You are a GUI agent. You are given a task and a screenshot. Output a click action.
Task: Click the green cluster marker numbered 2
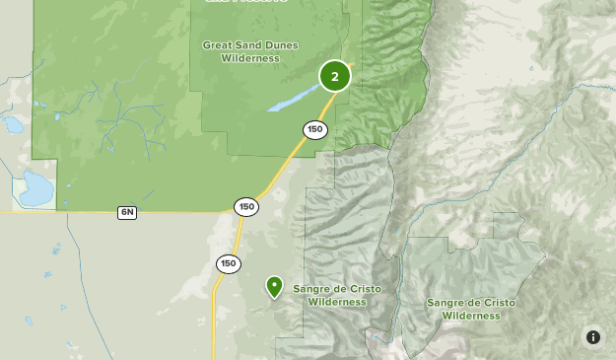pyautogui.click(x=335, y=76)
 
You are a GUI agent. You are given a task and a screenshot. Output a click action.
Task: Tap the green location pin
pyautogui.click(x=275, y=286)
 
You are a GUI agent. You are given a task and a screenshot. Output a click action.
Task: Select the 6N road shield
pyautogui.click(x=127, y=213)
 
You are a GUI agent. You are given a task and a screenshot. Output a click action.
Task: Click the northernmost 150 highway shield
pyautogui.click(x=314, y=129)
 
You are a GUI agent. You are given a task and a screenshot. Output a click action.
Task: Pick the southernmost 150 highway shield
pyautogui.click(x=228, y=263)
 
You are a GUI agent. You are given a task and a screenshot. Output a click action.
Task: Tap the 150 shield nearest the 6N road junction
pyautogui.click(x=246, y=206)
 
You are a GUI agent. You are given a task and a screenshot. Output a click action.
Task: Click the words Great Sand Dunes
pyautogui.click(x=250, y=45)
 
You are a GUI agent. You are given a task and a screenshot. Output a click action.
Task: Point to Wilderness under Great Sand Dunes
pyautogui.click(x=250, y=59)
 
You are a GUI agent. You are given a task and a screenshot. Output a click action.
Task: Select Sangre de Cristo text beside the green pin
pyautogui.click(x=337, y=289)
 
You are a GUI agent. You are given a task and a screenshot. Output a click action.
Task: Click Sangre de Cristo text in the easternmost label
pyautogui.click(x=471, y=303)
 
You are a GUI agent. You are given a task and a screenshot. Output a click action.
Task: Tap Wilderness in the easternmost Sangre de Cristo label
pyautogui.click(x=471, y=317)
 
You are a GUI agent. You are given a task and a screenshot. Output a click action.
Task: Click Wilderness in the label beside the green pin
pyautogui.click(x=337, y=302)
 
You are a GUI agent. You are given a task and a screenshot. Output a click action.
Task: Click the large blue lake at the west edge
pyautogui.click(x=34, y=188)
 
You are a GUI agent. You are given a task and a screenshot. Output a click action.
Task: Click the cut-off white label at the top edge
pyautogui.click(x=246, y=2)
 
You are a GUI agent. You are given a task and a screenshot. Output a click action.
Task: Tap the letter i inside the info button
pyautogui.click(x=593, y=337)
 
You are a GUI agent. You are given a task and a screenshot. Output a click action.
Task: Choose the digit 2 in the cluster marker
pyautogui.click(x=335, y=76)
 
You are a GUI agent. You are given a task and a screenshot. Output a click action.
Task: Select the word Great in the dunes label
pyautogui.click(x=220, y=45)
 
